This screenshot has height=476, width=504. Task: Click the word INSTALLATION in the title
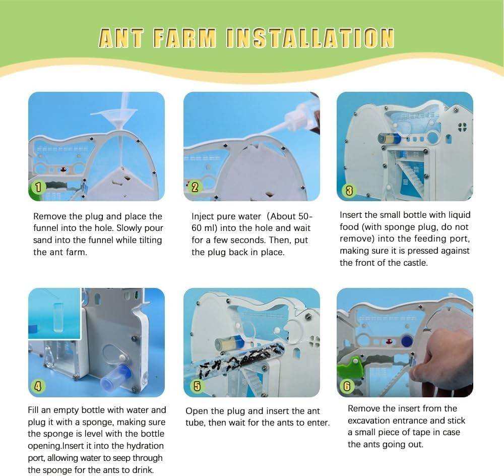309,38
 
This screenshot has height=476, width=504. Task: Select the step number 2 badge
195,187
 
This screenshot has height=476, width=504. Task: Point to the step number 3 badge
349,190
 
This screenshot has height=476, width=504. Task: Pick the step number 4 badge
38,386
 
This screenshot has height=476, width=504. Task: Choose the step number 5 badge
197,386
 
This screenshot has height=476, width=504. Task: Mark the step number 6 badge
347,386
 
